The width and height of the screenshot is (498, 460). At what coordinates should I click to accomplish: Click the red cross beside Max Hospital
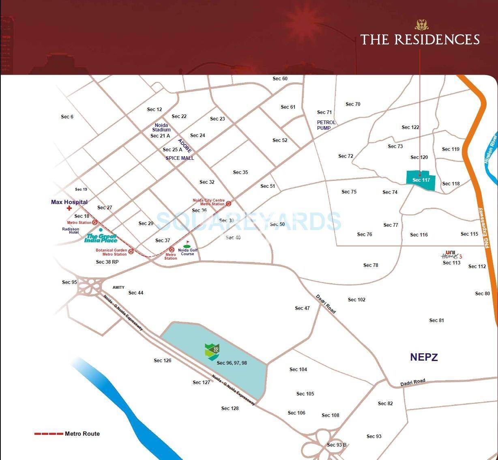(69, 208)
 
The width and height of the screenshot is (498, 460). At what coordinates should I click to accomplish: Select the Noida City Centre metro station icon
(229, 203)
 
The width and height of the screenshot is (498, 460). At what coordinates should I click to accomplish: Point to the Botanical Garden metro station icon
(131, 251)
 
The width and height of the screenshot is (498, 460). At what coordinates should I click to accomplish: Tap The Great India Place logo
(101, 238)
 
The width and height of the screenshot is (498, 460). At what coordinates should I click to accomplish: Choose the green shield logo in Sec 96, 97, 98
(212, 351)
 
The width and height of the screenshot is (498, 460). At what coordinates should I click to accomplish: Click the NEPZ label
(424, 357)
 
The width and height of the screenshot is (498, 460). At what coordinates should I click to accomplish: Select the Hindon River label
(490, 150)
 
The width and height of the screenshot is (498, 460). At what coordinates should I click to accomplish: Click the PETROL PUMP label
(326, 125)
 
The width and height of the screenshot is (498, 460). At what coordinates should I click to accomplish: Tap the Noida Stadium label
(161, 127)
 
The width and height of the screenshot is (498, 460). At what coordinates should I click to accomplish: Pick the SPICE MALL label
(180, 158)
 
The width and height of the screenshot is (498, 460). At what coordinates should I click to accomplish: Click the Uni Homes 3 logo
(451, 255)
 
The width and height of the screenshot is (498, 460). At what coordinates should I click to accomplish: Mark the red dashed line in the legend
(49, 434)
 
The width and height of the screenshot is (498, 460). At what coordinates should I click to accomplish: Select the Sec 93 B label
(337, 445)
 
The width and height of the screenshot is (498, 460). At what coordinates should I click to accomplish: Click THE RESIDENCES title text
(420, 40)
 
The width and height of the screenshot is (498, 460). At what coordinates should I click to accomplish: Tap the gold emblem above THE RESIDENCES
(421, 25)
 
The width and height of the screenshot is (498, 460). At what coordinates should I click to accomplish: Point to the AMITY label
(118, 288)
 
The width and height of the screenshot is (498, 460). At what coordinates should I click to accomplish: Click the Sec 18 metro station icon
(95, 222)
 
